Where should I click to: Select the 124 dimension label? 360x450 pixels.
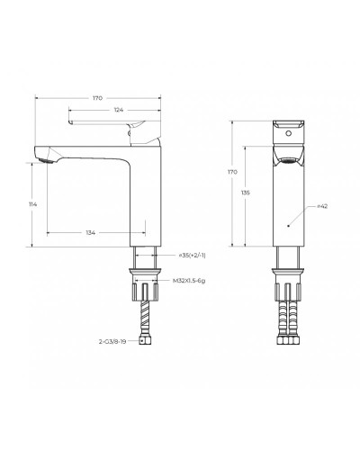click(x=119, y=110)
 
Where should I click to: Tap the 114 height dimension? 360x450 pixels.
click(x=33, y=204)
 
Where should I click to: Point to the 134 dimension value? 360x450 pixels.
click(x=91, y=233)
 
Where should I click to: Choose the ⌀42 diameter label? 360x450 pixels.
click(x=321, y=206)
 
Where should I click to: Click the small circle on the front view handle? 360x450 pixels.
click(x=287, y=131)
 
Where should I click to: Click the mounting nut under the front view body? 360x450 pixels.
click(x=286, y=268)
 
